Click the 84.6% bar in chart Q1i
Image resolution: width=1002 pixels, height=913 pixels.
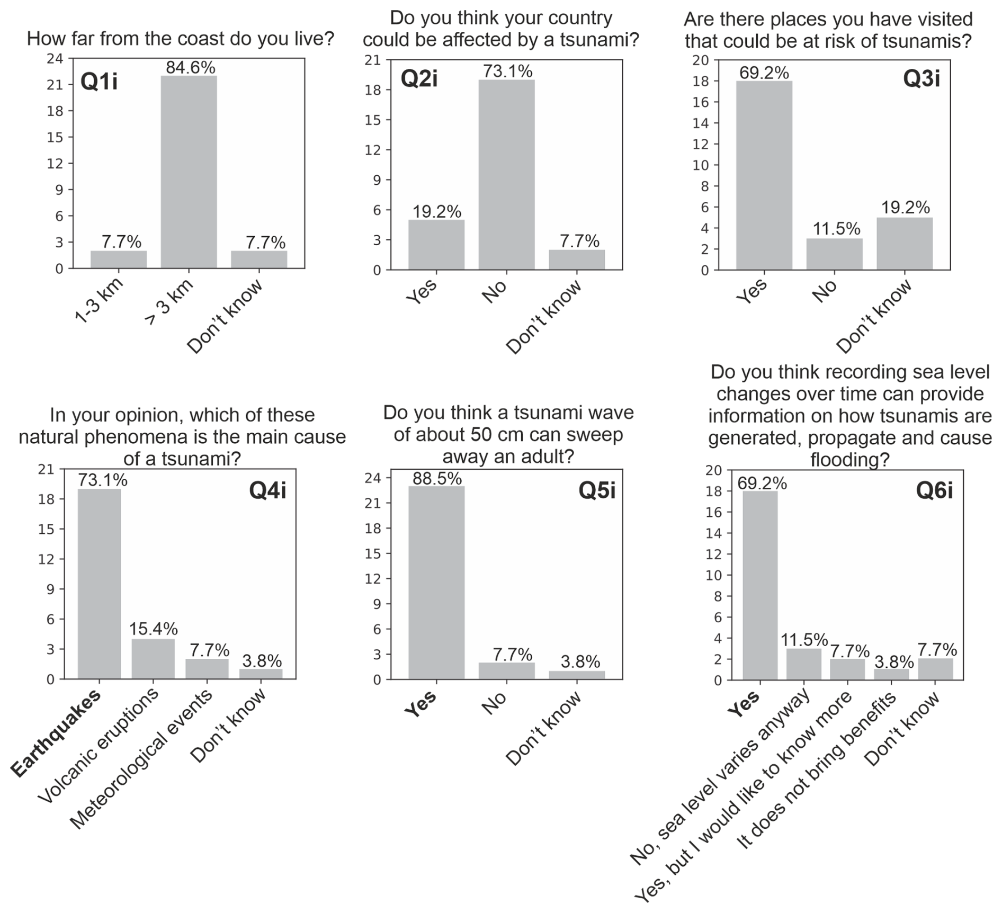click(189, 172)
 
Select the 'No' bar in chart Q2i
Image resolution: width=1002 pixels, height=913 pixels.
click(506, 175)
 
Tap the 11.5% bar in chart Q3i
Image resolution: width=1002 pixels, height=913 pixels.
click(834, 254)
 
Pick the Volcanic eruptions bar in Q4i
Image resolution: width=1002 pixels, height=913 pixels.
click(153, 659)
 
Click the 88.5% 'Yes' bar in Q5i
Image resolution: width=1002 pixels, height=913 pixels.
click(436, 583)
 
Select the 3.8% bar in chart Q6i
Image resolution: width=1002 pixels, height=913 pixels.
click(891, 675)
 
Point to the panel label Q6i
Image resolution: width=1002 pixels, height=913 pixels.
click(934, 491)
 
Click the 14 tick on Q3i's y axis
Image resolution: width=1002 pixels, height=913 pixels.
click(700, 123)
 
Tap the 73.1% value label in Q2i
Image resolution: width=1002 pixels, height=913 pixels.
click(507, 71)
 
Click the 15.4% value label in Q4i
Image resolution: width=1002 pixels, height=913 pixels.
click(153, 629)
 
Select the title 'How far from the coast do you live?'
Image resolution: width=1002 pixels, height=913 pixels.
click(181, 39)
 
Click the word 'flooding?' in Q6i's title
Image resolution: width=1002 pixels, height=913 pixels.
click(849, 460)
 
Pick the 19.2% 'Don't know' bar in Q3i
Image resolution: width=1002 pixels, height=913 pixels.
click(905, 244)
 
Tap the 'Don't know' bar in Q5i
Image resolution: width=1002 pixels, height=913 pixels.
click(577, 675)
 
